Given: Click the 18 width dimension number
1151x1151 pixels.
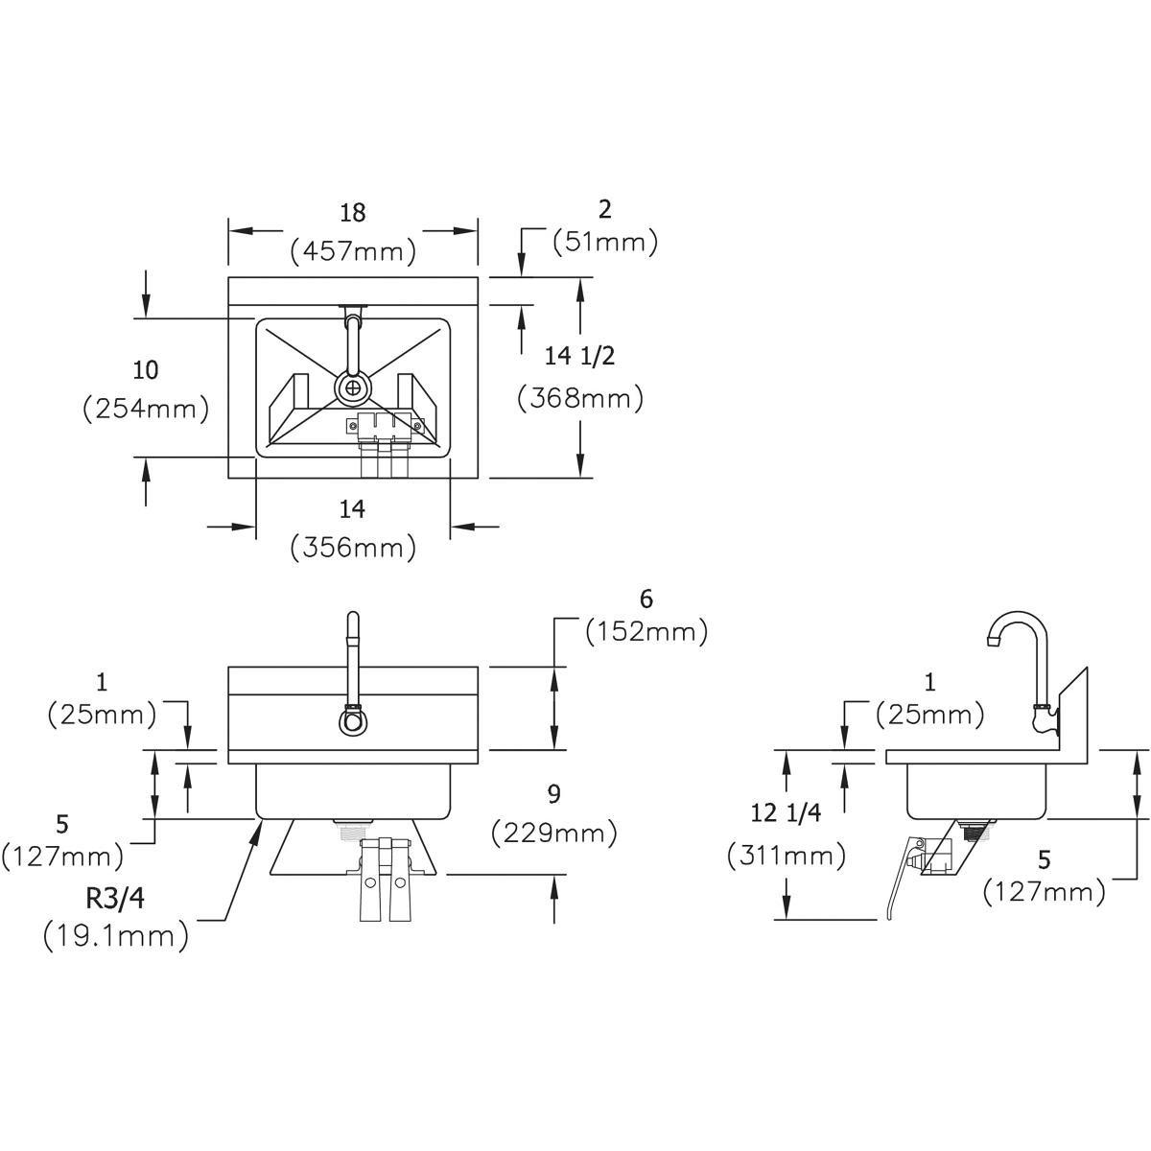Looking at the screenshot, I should point(353,213).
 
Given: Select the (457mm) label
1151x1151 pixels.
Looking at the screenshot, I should point(353,251).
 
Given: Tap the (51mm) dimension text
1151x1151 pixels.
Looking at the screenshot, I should point(605,242).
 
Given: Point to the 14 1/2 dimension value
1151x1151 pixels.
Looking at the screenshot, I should point(579,356).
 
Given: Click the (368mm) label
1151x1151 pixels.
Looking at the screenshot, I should point(579,396).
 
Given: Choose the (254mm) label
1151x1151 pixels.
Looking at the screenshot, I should point(146,409).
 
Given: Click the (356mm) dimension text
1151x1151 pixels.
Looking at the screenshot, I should point(353,547).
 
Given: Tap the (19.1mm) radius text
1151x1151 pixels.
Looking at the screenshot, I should point(115,934).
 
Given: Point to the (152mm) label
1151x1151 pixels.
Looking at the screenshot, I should point(646,632).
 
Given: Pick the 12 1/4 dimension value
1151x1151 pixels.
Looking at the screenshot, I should point(787,813).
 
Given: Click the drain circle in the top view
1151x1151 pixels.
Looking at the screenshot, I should point(354,388).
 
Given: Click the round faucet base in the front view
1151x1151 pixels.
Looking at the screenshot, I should point(352,721).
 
